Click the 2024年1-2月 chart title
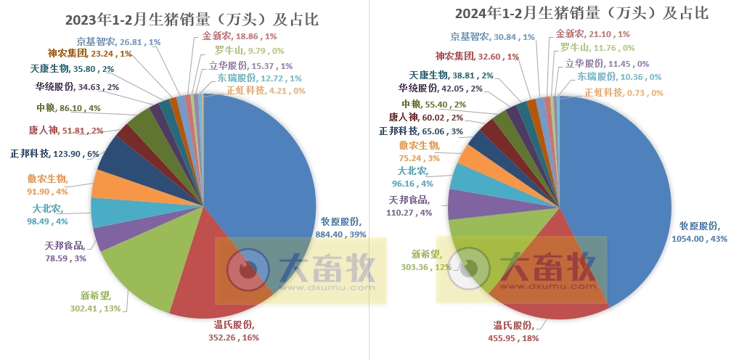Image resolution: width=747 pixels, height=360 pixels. coord(581,13)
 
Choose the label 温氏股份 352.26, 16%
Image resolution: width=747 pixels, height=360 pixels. coord(233,330)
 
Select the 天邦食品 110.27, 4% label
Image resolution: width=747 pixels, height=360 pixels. coord(411,206)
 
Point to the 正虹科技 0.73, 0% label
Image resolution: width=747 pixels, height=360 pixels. coord(624,93)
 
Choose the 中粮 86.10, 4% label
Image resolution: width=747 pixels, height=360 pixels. coord(68,108)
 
